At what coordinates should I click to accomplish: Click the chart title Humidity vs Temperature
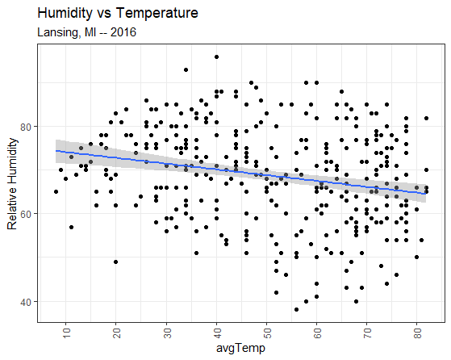tap(118, 13)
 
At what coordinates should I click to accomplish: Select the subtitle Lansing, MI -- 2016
tap(86, 32)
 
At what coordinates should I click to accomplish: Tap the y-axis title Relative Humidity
tap(12, 183)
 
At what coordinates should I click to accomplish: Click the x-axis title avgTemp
tap(240, 348)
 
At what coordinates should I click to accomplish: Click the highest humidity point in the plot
tap(216, 57)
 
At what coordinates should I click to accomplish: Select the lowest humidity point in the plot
tap(297, 310)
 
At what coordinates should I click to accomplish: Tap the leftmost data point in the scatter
tap(56, 191)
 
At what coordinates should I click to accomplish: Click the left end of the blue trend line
tap(56, 151)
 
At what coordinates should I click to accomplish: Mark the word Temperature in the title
tap(157, 13)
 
